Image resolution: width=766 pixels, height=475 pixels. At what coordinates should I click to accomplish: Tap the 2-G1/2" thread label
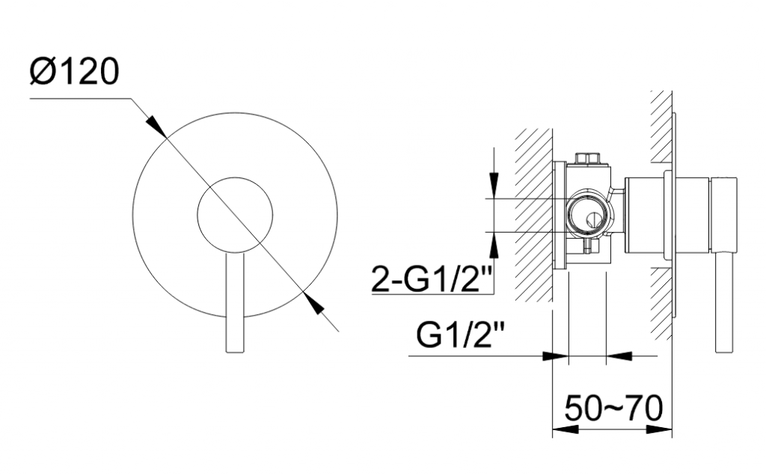(430, 279)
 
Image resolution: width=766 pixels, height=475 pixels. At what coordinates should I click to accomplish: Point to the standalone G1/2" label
(459, 336)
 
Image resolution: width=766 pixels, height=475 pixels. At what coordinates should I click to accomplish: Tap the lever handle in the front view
(234, 302)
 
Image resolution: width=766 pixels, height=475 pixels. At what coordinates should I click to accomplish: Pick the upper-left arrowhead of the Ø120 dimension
(156, 126)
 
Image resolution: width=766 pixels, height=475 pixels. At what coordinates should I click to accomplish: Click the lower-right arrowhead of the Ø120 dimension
(313, 303)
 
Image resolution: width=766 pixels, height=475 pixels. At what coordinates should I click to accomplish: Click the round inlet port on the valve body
(588, 215)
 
